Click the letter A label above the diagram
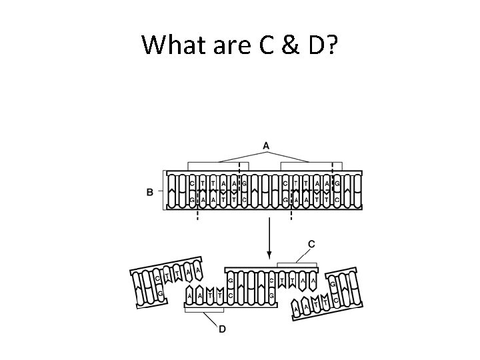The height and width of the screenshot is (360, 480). pos(266,146)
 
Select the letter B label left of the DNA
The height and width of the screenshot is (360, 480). pos(149,192)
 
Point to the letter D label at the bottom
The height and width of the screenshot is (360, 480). pos(222,329)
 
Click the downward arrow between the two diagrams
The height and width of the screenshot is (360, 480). pos(268,239)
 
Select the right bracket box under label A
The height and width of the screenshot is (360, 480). pos(311,165)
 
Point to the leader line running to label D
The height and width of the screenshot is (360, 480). pos(214,319)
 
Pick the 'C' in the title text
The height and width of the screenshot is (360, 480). pos(263,45)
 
